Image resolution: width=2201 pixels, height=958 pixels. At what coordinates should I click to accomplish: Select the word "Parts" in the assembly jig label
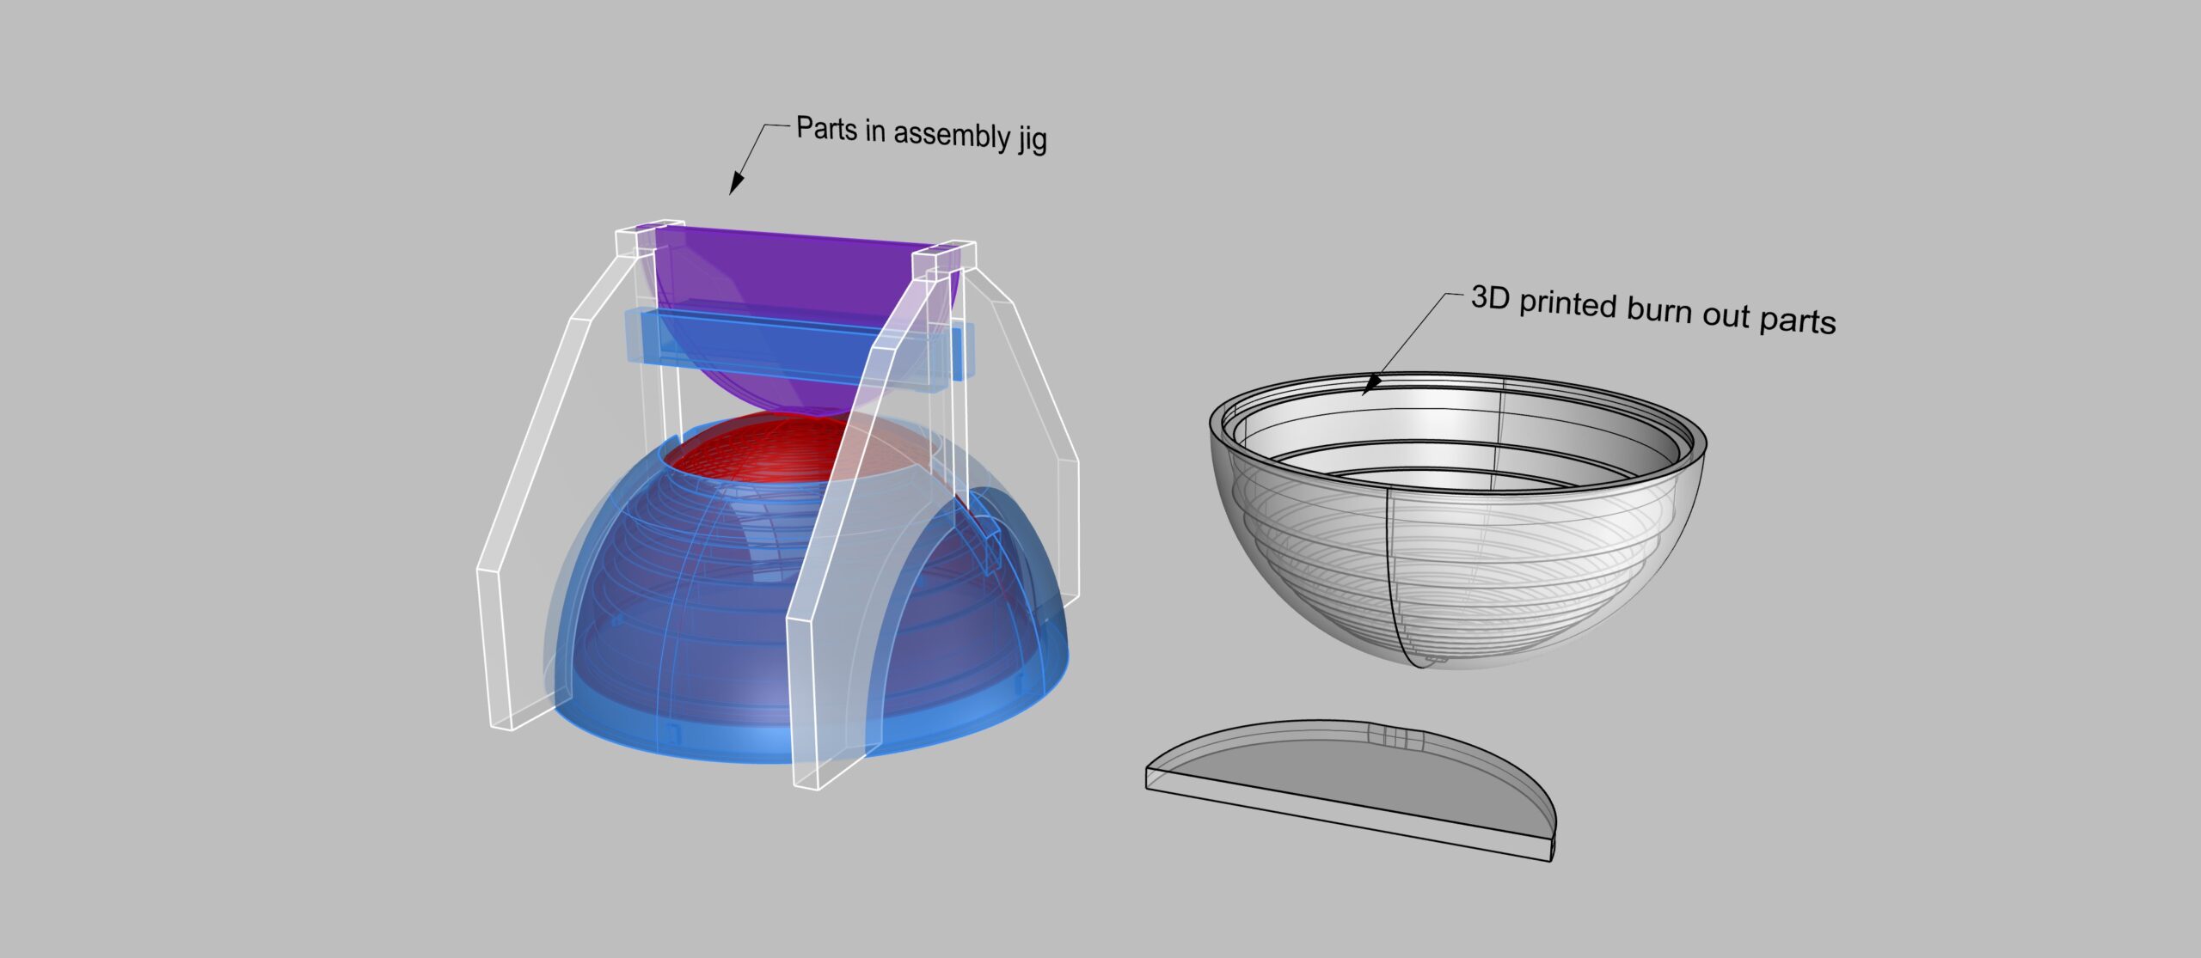coord(826,128)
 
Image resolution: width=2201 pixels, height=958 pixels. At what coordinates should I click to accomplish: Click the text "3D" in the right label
coord(1490,297)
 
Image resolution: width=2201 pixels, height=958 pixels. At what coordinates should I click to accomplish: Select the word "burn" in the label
coord(1661,310)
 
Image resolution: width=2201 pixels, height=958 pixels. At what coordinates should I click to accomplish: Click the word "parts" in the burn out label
coord(1797,321)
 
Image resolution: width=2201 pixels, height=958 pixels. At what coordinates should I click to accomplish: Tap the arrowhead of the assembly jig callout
coord(737,183)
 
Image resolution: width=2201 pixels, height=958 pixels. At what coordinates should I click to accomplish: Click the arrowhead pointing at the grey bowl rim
coord(1370,384)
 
